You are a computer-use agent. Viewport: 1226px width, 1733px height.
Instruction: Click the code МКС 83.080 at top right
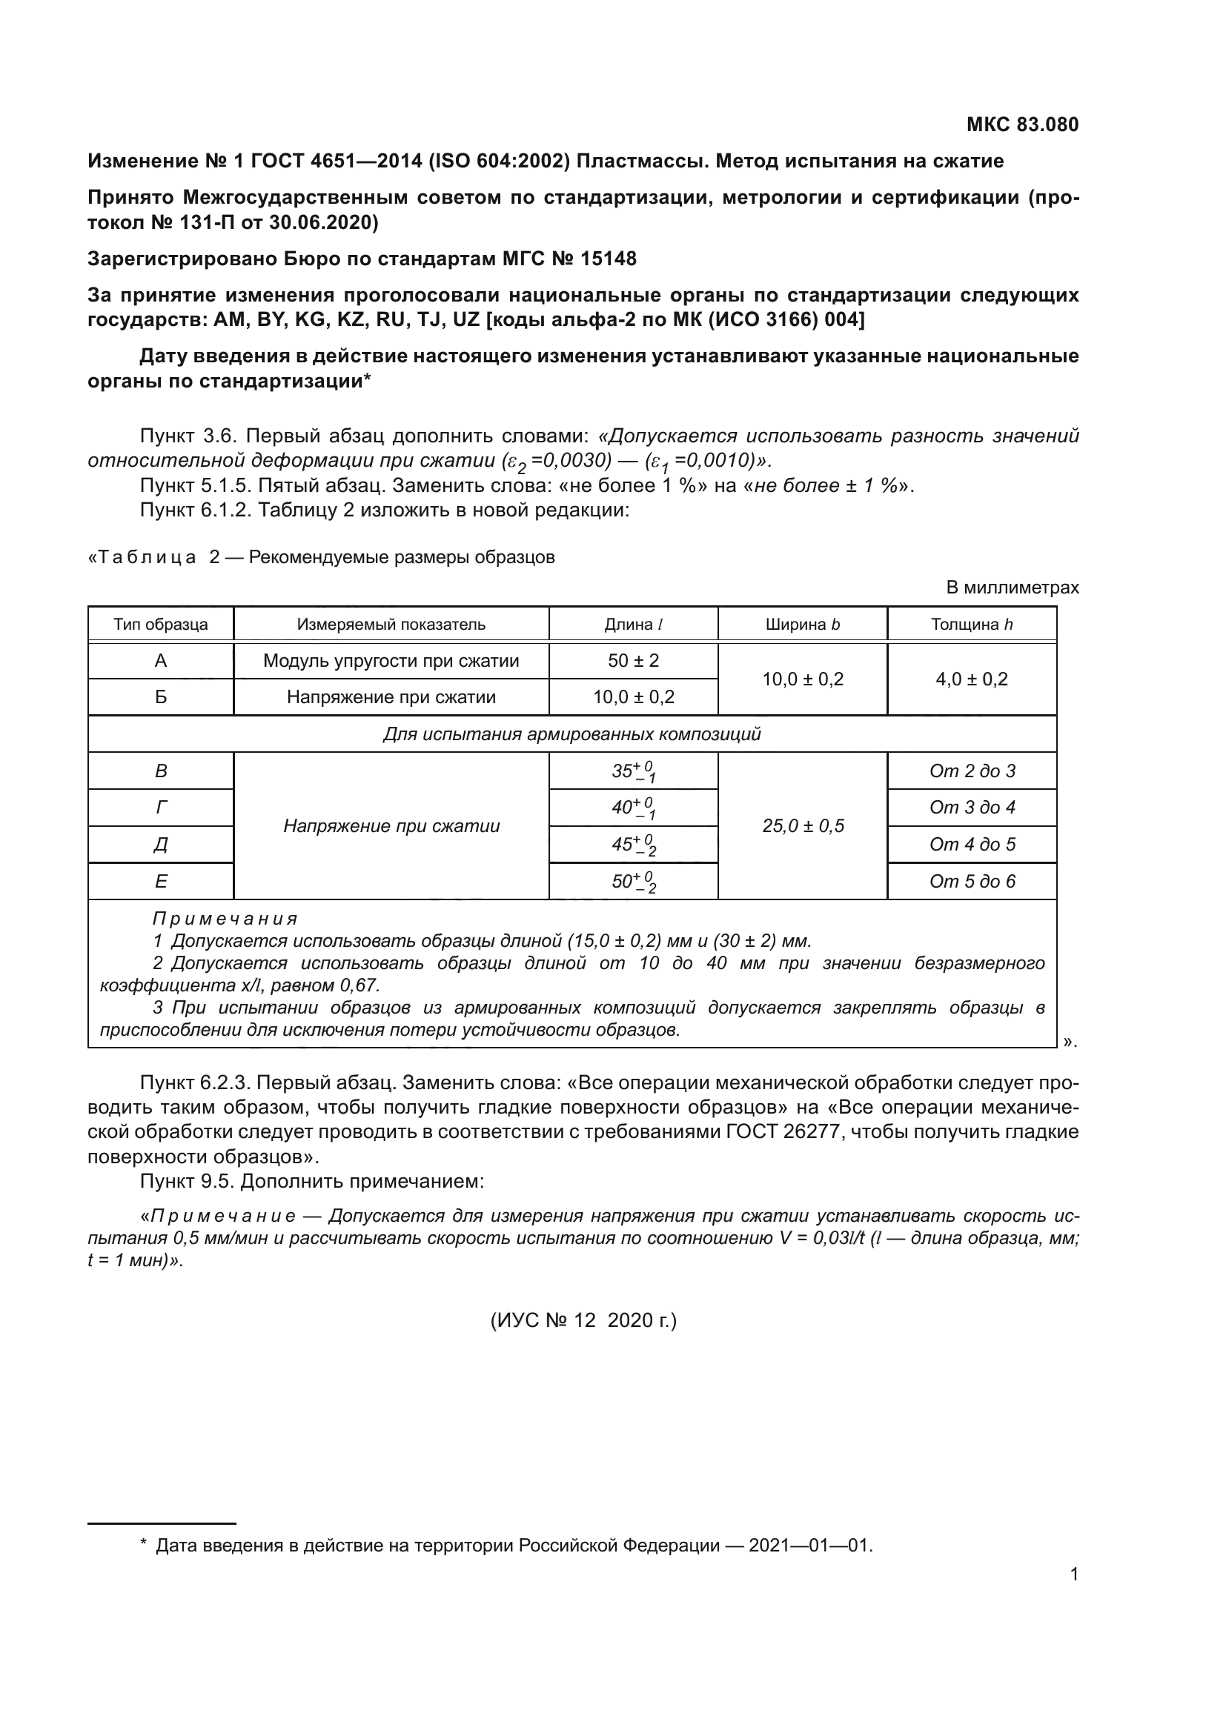coord(1022,124)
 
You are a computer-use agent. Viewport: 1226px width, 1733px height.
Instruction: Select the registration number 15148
coord(608,259)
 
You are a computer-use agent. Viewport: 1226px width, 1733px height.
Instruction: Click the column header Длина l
coord(632,624)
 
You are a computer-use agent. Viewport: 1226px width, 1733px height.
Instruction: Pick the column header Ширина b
coord(802,624)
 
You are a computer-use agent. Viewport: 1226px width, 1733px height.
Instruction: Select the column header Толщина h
coord(971,624)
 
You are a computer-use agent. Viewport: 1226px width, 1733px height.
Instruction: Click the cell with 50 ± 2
coord(632,660)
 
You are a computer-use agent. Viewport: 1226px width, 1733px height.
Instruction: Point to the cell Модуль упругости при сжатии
coord(391,660)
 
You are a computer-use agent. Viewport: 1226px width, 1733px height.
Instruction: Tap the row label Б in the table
coord(161,696)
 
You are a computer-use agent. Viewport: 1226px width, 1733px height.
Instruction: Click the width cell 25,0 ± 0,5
coord(803,825)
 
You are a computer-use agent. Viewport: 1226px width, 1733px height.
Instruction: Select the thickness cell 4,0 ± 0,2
coord(971,679)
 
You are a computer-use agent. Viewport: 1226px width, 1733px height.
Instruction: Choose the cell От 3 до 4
coord(972,808)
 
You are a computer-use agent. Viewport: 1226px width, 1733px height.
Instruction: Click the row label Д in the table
coord(161,845)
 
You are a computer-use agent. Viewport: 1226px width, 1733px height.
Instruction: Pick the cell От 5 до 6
coord(972,881)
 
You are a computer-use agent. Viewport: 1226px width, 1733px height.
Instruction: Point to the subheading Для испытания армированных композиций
coord(571,734)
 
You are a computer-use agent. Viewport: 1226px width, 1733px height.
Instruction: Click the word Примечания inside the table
coord(225,919)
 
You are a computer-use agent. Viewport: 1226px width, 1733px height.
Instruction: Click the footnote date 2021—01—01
coord(809,1546)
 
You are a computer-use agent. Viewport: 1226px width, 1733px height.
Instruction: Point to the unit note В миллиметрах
coord(1012,588)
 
